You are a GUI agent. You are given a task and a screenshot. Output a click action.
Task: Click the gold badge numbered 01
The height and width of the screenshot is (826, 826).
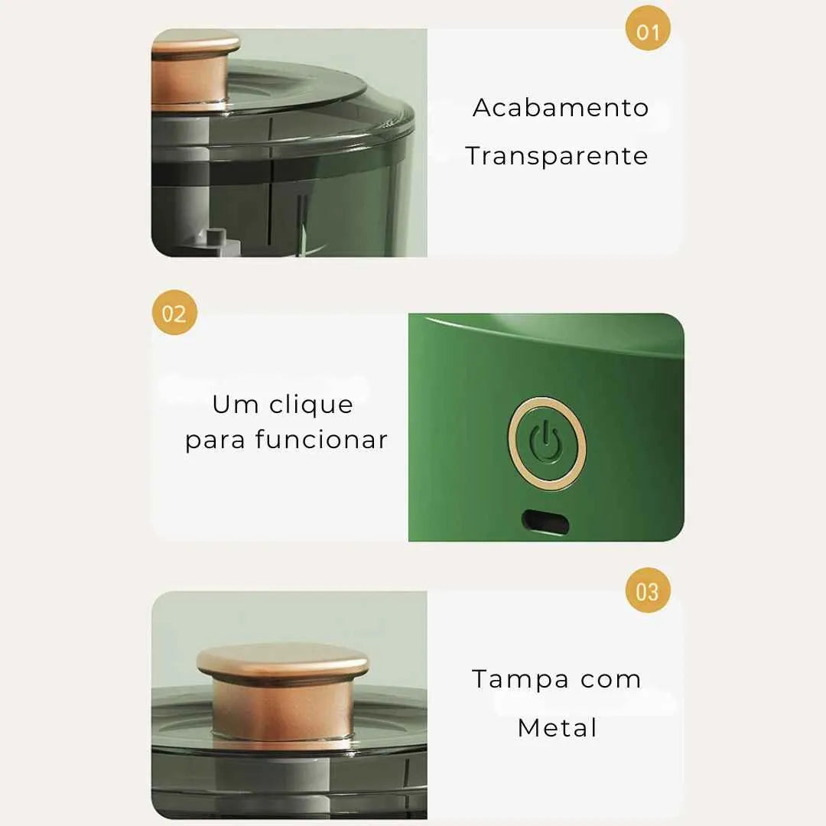pyautogui.click(x=648, y=28)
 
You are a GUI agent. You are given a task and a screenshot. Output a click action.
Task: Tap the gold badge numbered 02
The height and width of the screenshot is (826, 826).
pyautogui.click(x=174, y=312)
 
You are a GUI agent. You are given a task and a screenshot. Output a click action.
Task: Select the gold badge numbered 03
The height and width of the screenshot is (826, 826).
pyautogui.click(x=648, y=590)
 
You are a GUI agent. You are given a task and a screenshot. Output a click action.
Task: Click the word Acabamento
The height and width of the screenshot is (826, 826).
pyautogui.click(x=561, y=108)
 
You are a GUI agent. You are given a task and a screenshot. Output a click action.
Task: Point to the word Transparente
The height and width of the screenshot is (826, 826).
pyautogui.click(x=556, y=156)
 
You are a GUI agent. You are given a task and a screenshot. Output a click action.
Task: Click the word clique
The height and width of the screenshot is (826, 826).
pyautogui.click(x=311, y=405)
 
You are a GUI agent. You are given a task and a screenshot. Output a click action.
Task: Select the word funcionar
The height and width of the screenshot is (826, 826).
pyautogui.click(x=321, y=439)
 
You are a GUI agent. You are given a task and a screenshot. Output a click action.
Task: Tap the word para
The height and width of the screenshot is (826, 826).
pyautogui.click(x=215, y=441)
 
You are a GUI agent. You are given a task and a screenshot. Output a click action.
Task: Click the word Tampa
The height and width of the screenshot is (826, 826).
pyautogui.click(x=521, y=680)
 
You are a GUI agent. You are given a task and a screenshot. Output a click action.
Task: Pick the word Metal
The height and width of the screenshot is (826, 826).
pyautogui.click(x=558, y=728)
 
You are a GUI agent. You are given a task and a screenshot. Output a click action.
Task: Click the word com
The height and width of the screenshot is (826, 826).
pyautogui.click(x=610, y=680)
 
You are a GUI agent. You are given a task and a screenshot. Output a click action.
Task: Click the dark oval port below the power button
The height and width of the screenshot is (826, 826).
pyautogui.click(x=545, y=522)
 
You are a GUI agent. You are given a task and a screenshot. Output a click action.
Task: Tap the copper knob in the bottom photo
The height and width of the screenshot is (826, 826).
pyautogui.click(x=282, y=690)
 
